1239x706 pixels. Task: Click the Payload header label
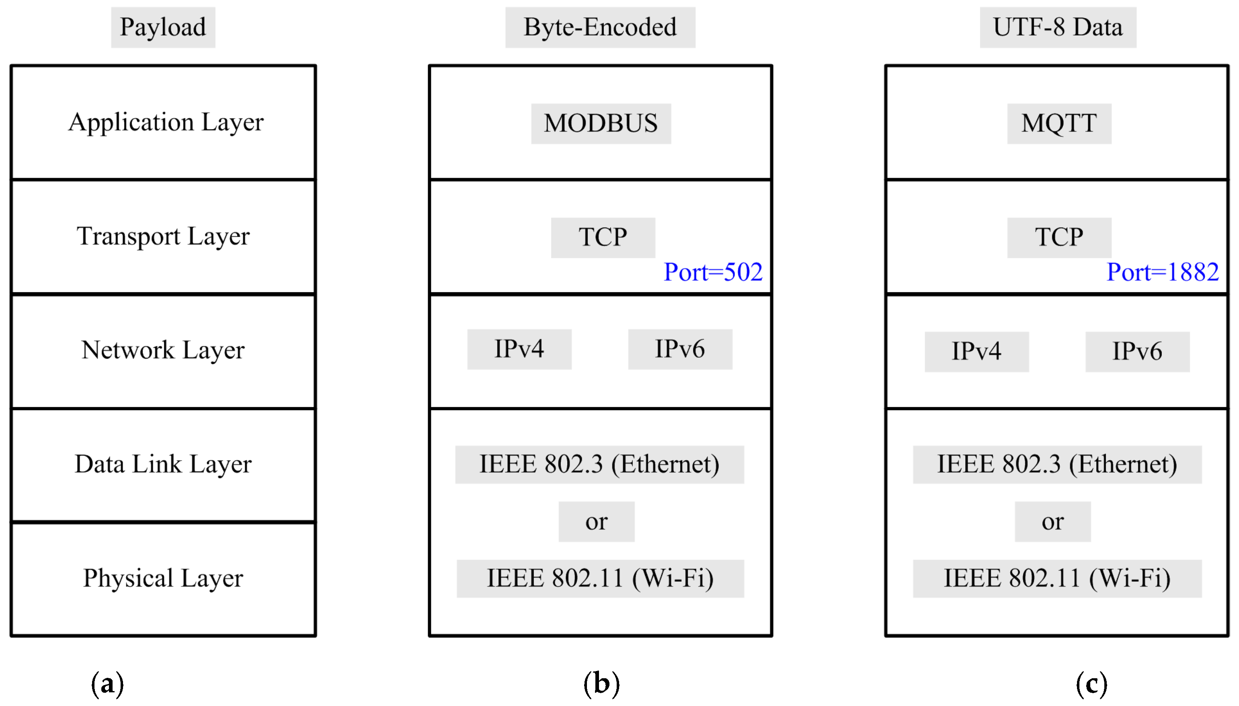(163, 27)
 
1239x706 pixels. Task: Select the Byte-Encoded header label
(600, 27)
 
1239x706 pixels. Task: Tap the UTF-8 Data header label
(1057, 27)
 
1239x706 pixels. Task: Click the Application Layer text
(166, 122)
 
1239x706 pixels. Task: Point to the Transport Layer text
(163, 237)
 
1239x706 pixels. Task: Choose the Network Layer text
(163, 350)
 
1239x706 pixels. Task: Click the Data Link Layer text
(163, 464)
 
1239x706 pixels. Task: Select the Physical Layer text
(163, 578)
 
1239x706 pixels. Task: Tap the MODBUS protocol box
(601, 123)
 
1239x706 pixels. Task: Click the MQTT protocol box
(1059, 123)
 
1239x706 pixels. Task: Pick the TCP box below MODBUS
(603, 238)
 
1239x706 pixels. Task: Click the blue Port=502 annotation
(713, 272)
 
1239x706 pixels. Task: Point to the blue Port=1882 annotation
(1163, 272)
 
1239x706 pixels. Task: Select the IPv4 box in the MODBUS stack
(519, 349)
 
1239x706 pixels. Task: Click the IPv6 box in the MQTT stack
(1137, 352)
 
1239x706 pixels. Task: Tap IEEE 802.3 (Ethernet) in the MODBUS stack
(599, 464)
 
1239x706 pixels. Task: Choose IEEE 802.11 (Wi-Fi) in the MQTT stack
(1057, 578)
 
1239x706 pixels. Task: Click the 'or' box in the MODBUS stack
(596, 521)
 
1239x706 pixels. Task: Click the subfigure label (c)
(1091, 684)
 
